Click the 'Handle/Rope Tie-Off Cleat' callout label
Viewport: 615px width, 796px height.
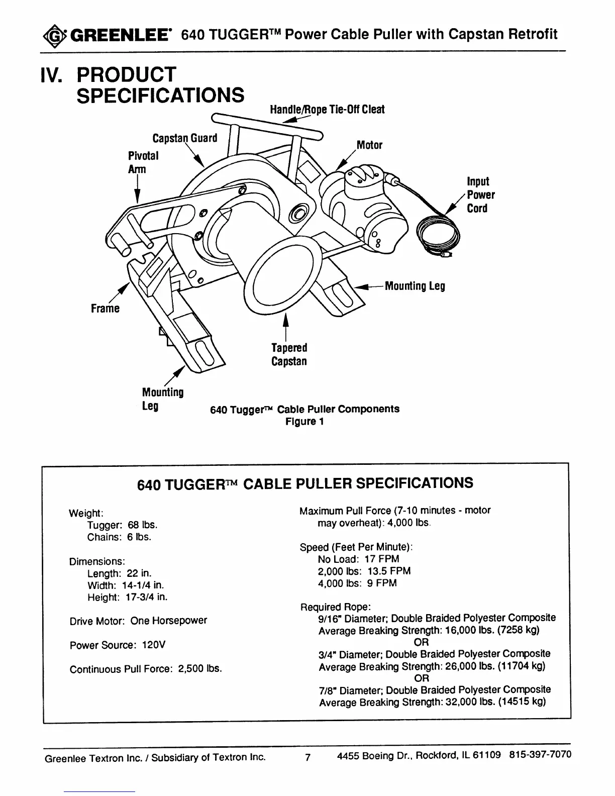point(327,110)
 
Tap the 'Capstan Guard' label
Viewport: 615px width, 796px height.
point(185,138)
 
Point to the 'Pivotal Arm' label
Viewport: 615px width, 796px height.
point(143,162)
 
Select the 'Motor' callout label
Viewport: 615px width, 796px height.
point(369,145)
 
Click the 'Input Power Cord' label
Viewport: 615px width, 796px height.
point(480,195)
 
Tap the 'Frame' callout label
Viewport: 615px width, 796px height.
point(105,308)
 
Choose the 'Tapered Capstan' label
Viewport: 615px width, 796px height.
point(289,354)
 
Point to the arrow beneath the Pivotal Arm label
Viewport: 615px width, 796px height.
point(137,191)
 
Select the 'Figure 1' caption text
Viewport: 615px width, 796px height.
point(304,422)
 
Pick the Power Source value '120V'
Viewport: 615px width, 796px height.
point(154,645)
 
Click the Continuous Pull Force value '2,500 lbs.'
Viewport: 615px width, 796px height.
point(199,669)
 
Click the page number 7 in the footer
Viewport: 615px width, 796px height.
point(308,757)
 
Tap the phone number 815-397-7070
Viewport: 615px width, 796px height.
point(540,755)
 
